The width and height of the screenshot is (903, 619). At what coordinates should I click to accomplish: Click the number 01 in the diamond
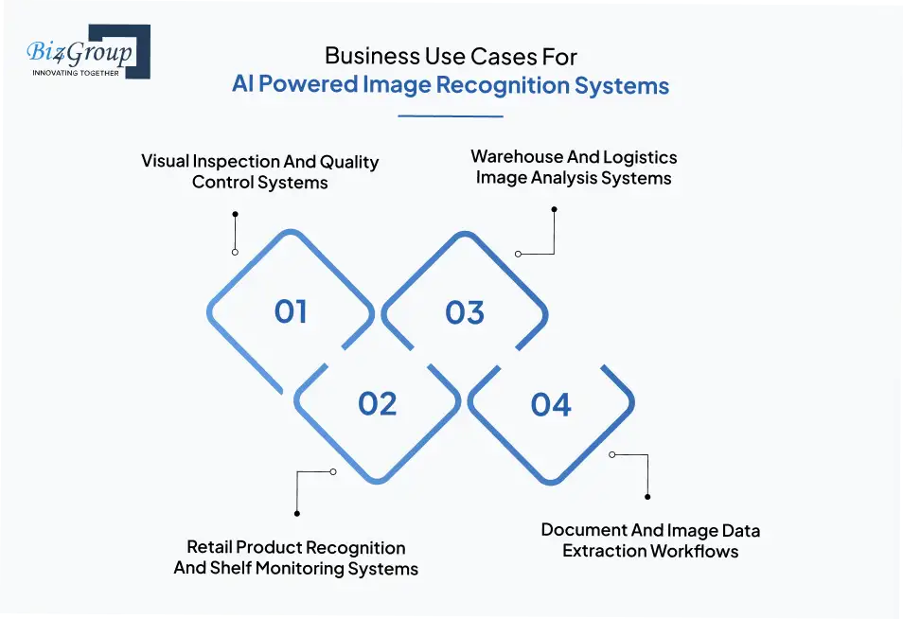(x=291, y=312)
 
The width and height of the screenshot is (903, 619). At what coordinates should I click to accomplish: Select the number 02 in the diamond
(x=377, y=404)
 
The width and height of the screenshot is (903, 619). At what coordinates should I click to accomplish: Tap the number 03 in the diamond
(x=464, y=312)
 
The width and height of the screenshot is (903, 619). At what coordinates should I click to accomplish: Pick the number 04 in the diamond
(x=551, y=405)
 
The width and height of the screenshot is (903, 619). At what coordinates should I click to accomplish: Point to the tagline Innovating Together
(x=76, y=73)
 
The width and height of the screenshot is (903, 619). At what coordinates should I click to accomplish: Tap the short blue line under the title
(x=451, y=116)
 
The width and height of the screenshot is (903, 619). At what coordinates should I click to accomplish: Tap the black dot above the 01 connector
(x=235, y=215)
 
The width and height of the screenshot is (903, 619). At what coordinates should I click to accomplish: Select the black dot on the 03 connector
(x=555, y=209)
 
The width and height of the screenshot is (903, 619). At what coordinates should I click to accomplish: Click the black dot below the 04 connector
(x=647, y=495)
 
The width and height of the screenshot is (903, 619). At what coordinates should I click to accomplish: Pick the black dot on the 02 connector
(x=297, y=513)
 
